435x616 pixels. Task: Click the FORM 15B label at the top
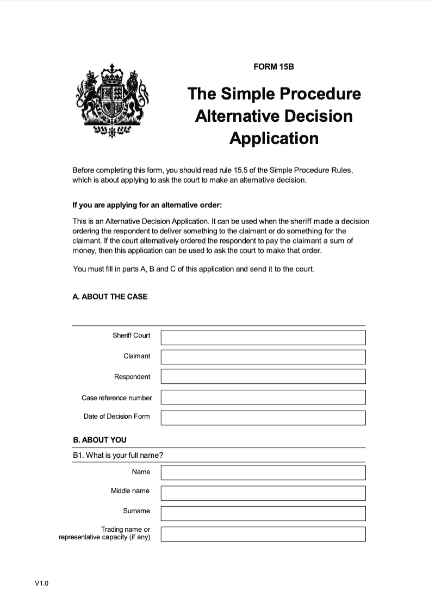pyautogui.click(x=274, y=67)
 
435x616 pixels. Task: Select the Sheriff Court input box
pyautogui.click(x=263, y=337)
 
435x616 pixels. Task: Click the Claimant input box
pyautogui.click(x=263, y=357)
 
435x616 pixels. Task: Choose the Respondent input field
pyautogui.click(x=263, y=376)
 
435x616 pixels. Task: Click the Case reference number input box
pyautogui.click(x=263, y=397)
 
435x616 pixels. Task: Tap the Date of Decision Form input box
pyautogui.click(x=263, y=418)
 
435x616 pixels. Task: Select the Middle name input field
pyautogui.click(x=263, y=493)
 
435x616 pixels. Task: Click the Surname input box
pyautogui.click(x=263, y=513)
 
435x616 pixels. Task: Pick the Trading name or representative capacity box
pyautogui.click(x=263, y=533)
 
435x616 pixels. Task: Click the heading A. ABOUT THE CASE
pyautogui.click(x=110, y=297)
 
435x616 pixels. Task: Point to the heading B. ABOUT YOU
pyautogui.click(x=100, y=439)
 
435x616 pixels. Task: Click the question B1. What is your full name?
pyautogui.click(x=118, y=455)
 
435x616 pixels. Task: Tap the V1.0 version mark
pyautogui.click(x=42, y=583)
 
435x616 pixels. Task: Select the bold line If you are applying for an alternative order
pyautogui.click(x=147, y=206)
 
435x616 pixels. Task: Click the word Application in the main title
pyautogui.click(x=274, y=138)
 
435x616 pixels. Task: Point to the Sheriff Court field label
pyautogui.click(x=131, y=335)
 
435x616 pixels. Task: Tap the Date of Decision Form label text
pyautogui.click(x=116, y=416)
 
